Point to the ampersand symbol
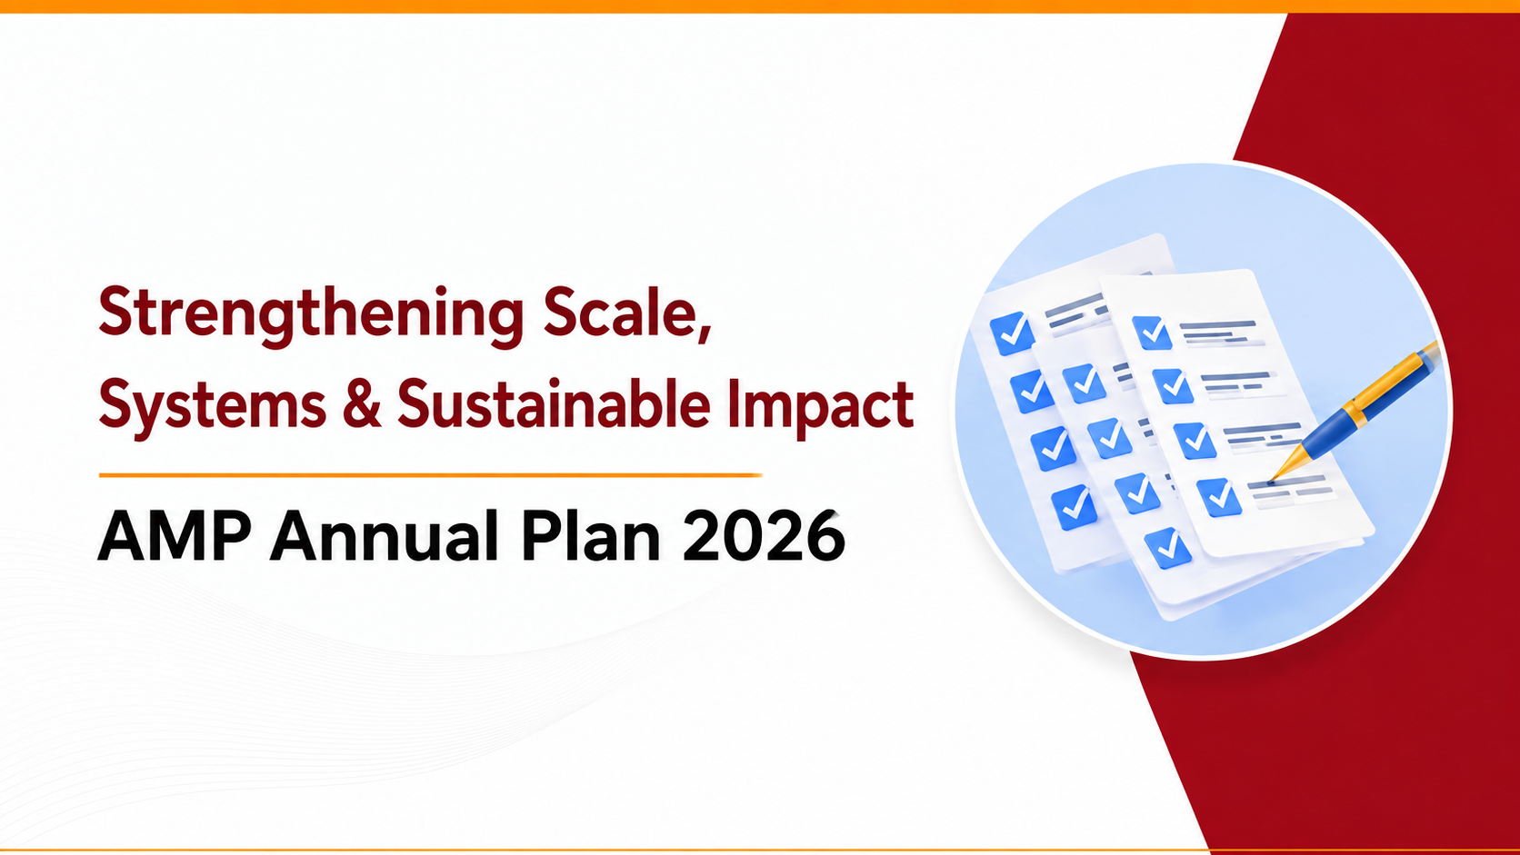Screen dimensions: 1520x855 (362, 404)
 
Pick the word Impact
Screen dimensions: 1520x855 (820, 405)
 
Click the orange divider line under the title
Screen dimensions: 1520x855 (430, 475)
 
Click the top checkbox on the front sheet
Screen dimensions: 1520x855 (1152, 333)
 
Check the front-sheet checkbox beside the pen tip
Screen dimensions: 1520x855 (1219, 497)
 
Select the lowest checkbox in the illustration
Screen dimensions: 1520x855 (1167, 548)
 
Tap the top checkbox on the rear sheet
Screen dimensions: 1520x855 (1012, 333)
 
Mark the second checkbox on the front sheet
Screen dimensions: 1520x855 (1173, 386)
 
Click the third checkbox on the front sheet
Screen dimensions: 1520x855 (1195, 441)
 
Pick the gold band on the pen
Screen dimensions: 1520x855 (1356, 410)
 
